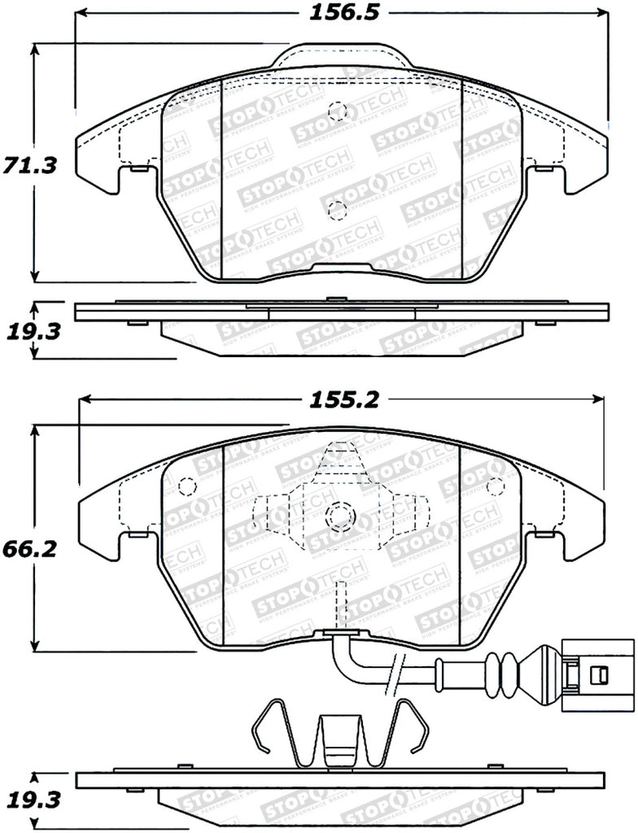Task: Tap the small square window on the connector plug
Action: pyautogui.click(x=599, y=674)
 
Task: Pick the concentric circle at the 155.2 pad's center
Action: pyautogui.click(x=339, y=515)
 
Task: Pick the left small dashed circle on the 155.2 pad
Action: pyautogui.click(x=186, y=486)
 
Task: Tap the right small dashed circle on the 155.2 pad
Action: pyautogui.click(x=493, y=486)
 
